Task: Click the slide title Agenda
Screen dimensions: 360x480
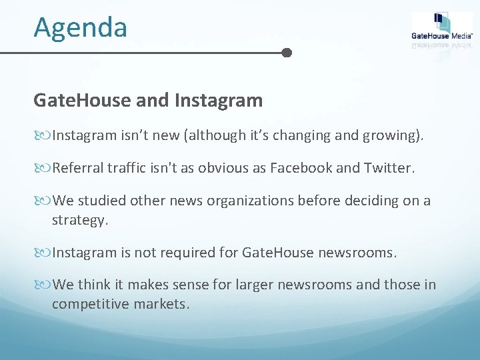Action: click(80, 27)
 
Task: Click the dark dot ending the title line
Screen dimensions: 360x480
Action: click(287, 53)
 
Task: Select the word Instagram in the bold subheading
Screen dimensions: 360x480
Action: click(218, 101)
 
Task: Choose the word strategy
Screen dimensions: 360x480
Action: click(79, 221)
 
